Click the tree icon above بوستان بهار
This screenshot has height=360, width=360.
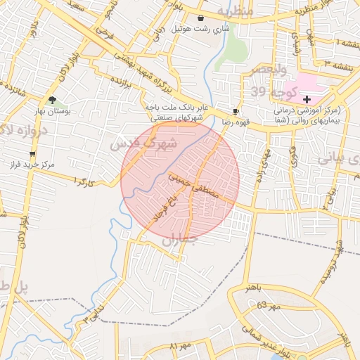coord(52,100)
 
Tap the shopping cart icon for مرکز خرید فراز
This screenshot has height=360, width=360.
coord(32,153)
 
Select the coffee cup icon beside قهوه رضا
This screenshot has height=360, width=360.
coord(236,111)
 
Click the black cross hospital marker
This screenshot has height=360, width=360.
coord(307,100)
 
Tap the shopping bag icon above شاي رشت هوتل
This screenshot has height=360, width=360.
coord(202,18)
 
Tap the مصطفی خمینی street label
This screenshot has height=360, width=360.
coord(198,182)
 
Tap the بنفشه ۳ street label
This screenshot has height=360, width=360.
coord(331,64)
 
